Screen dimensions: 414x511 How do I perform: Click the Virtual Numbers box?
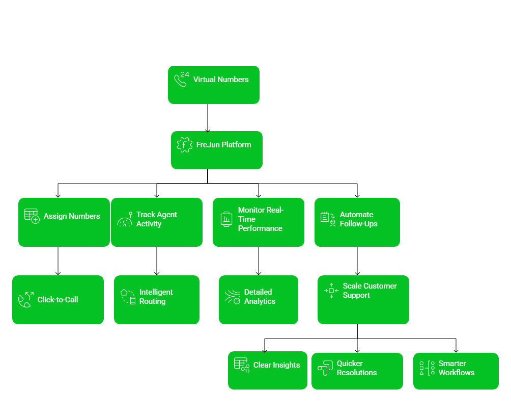214,85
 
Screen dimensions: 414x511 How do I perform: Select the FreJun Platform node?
217,150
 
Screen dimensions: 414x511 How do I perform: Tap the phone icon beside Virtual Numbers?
181,80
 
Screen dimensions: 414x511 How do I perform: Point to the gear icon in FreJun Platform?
184,145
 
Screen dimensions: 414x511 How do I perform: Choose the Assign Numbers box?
64,222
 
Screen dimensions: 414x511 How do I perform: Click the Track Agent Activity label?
157,219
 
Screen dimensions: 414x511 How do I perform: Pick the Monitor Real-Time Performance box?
259,222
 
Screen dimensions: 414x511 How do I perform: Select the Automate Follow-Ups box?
357,222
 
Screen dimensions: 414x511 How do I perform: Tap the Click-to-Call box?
58,300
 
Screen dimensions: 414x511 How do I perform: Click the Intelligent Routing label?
156,297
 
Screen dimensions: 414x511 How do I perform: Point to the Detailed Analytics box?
259,300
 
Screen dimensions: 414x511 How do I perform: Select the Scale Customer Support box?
363,300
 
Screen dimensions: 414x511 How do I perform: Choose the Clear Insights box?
268,370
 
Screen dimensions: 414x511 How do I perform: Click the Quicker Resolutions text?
357,368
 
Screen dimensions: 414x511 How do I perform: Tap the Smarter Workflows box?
456,371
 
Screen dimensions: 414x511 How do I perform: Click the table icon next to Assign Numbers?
32,216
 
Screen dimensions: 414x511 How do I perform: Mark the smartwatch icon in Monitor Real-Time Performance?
226,219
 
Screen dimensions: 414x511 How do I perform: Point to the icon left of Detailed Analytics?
233,297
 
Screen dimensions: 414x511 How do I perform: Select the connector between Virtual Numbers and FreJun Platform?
207,117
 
